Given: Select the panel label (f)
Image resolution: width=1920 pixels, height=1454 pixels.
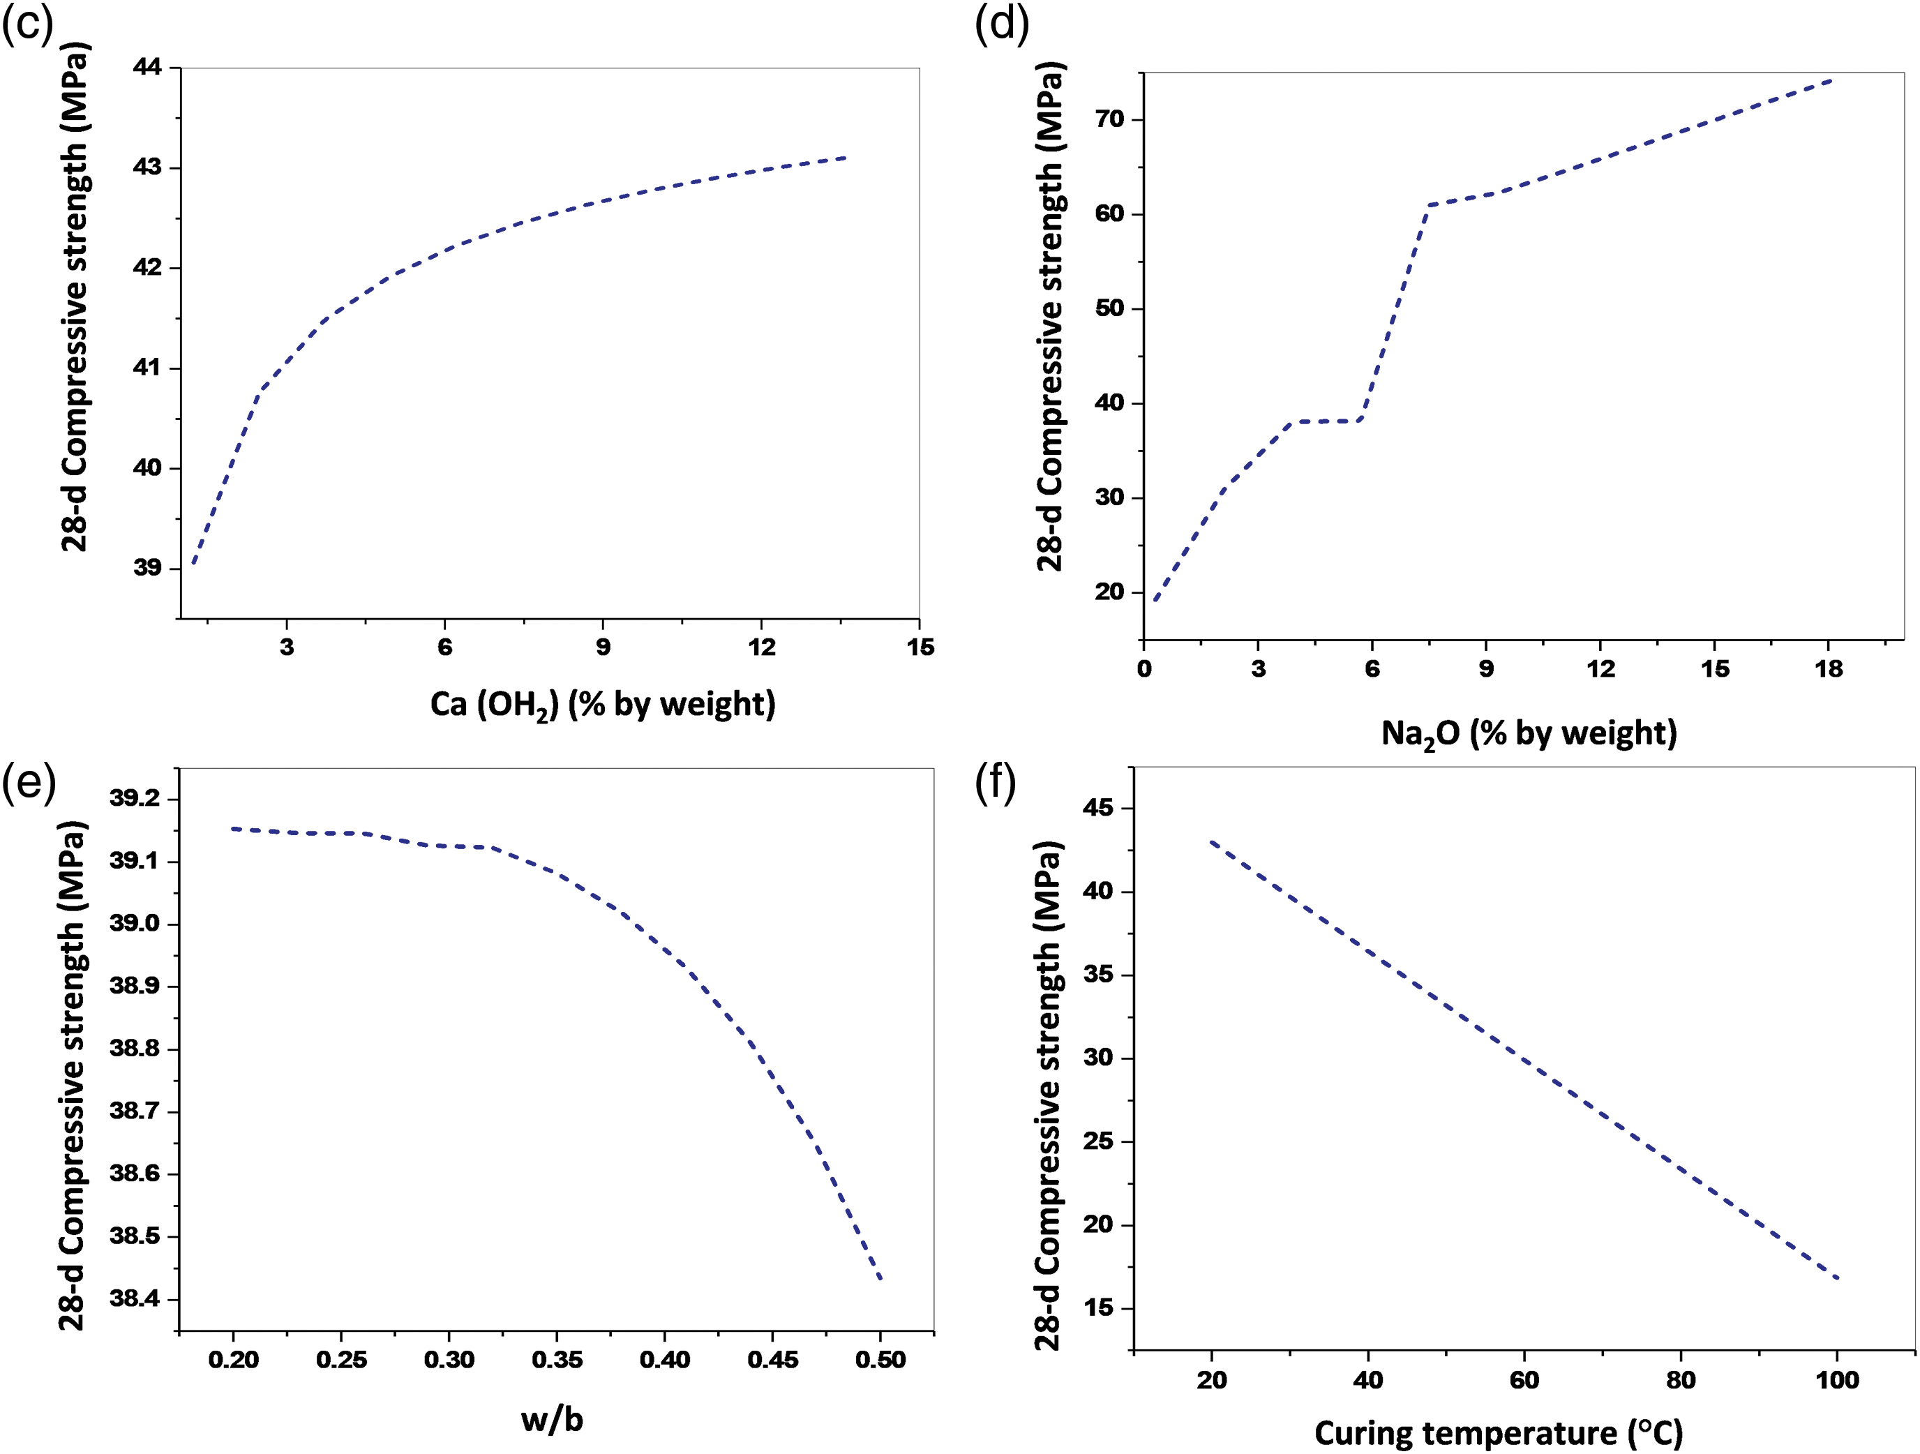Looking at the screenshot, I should coord(996,783).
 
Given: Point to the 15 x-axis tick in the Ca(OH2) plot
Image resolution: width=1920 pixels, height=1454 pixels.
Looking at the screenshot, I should coord(920,647).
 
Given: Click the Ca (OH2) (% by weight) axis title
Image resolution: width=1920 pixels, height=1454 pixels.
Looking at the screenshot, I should coord(602,704).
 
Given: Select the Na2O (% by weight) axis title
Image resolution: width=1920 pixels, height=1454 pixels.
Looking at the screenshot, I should coord(1529,733).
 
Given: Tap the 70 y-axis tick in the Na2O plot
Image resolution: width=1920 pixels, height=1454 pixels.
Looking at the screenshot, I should coord(1109,120).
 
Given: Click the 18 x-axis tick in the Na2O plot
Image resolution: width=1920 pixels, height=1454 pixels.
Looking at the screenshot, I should coord(1828,669).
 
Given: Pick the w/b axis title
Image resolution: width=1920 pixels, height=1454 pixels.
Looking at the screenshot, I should coord(552,1418).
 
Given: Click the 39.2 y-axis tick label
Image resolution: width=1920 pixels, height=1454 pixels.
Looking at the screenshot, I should coord(135,799).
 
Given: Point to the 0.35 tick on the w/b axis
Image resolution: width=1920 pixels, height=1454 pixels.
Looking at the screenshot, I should coord(556,1358).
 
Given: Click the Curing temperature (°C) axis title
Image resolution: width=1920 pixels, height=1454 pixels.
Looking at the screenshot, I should coord(1498,1432).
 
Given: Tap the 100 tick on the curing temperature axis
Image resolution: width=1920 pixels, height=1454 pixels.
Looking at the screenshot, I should coord(1837,1380).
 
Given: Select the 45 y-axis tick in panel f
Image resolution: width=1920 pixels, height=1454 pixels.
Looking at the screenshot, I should coord(1098,808).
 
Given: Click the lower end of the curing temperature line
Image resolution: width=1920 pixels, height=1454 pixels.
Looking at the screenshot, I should coord(1838,1277).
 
